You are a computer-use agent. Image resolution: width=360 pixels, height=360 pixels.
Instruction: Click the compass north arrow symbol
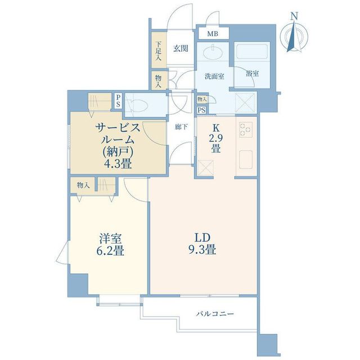point(293,38)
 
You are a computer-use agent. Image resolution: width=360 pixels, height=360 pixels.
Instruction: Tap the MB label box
point(212,34)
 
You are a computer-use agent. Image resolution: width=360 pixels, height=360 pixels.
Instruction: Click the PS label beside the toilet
point(118,101)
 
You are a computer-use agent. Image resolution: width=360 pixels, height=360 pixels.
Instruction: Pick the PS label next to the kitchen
point(201,110)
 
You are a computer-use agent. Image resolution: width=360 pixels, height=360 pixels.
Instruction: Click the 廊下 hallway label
point(180,127)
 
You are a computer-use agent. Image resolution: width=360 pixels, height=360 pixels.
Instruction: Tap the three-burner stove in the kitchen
point(246,130)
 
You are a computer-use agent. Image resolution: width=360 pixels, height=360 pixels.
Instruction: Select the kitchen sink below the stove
point(246,159)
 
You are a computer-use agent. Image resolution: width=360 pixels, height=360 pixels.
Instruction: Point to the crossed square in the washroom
point(245,103)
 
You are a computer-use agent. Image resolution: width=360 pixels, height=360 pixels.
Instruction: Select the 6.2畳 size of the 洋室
point(107,251)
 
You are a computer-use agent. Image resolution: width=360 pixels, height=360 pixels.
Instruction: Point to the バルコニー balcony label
point(215,313)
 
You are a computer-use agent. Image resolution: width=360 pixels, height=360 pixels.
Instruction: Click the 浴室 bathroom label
point(252,74)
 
